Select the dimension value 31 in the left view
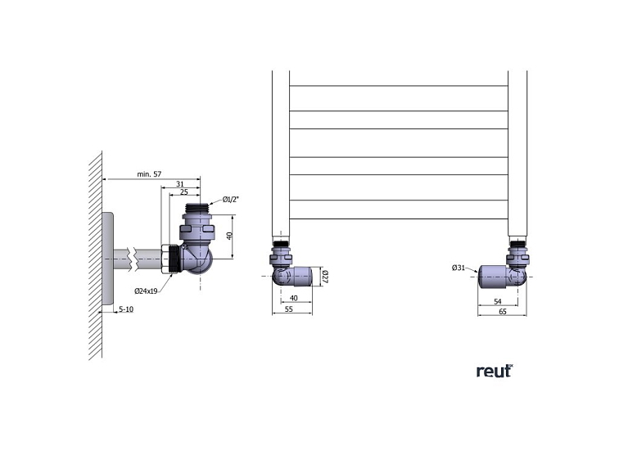pyautogui.click(x=179, y=183)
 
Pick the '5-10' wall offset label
pyautogui.click(x=126, y=309)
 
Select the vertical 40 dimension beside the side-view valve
pyautogui.click(x=230, y=237)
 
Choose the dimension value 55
pyautogui.click(x=288, y=311)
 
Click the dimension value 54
pyautogui.click(x=499, y=302)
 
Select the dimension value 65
pyautogui.click(x=502, y=312)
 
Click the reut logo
pyautogui.click(x=494, y=371)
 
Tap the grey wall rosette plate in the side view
pyautogui.click(x=107, y=260)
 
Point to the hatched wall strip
pyautogui.click(x=95, y=254)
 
